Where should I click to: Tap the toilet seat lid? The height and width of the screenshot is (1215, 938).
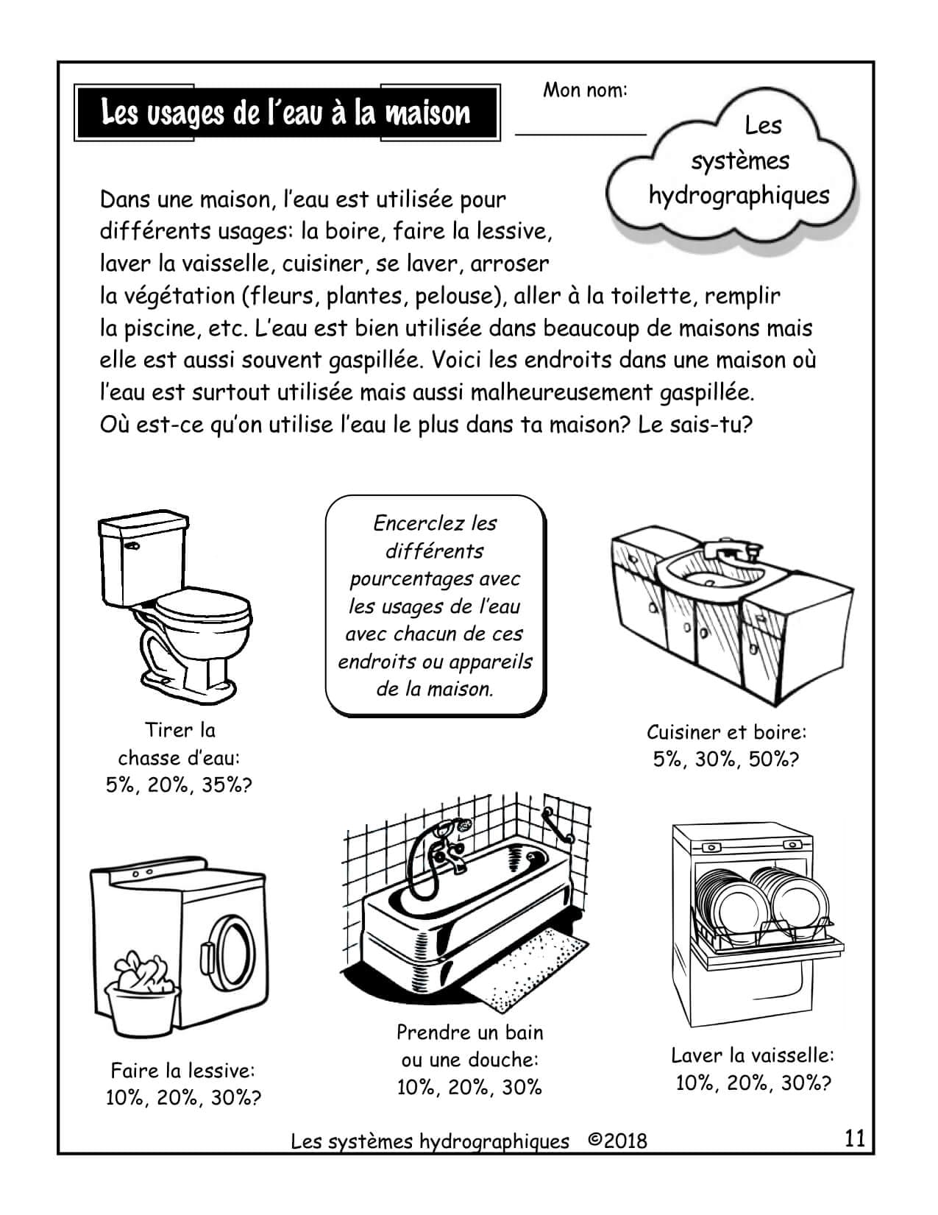(202, 608)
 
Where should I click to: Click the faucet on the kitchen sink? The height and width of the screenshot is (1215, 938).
(729, 553)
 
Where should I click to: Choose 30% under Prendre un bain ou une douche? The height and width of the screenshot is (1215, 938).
(522, 1087)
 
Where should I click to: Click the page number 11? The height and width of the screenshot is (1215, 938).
(854, 1138)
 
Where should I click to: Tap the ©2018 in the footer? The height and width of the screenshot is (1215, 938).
(618, 1141)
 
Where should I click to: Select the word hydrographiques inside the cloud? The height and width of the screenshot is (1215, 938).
(739, 196)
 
